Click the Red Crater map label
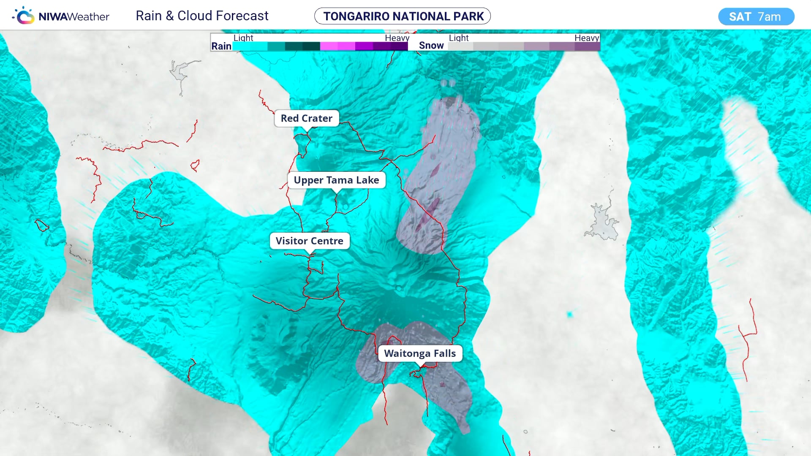[x=306, y=118]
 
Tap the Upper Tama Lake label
[x=336, y=180]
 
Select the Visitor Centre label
[x=309, y=241]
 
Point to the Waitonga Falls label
[x=419, y=353]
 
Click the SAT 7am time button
[x=756, y=16]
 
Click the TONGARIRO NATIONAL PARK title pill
[x=403, y=16]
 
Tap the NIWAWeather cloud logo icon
[x=24, y=16]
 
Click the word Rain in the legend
[x=221, y=46]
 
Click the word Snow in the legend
[x=431, y=46]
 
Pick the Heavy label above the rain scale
[x=397, y=38]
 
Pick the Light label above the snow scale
[x=458, y=38]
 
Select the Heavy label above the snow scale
[x=586, y=38]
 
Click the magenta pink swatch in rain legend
[x=329, y=46]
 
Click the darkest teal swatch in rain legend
[x=311, y=46]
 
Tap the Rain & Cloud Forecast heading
[x=202, y=16]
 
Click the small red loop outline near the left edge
[x=41, y=225]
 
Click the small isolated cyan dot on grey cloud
[x=570, y=314]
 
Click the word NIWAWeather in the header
[x=73, y=17]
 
